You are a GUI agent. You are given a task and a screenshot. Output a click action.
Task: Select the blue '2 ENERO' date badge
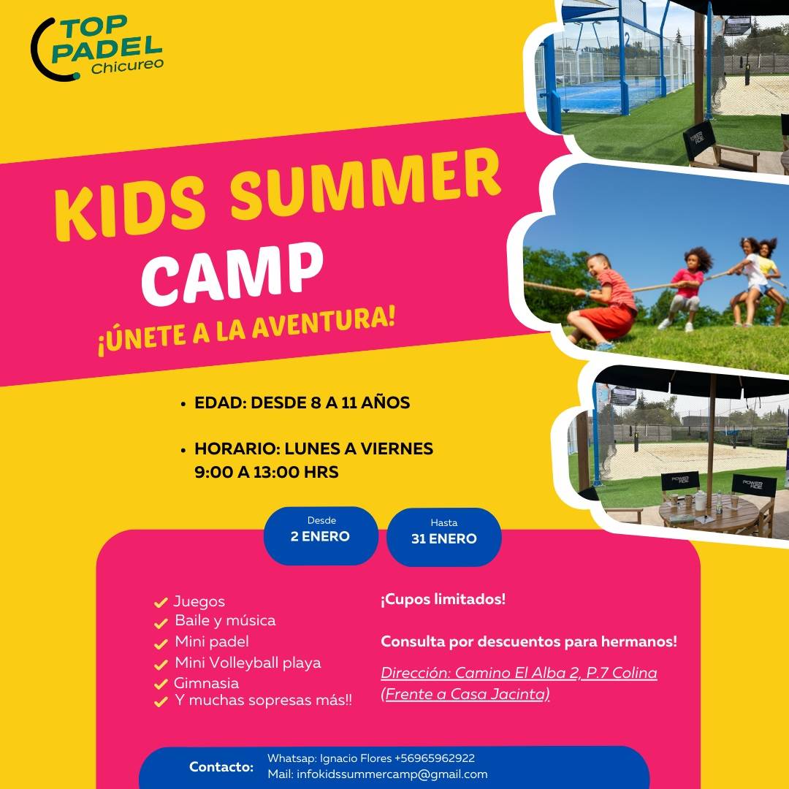(321, 536)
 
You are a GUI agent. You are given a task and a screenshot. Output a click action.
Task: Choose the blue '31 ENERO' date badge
(444, 538)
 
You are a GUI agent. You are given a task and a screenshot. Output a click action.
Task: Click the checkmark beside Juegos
(161, 602)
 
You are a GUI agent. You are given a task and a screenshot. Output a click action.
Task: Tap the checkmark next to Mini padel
(161, 644)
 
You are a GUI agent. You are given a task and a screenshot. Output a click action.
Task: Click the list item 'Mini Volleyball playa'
(248, 663)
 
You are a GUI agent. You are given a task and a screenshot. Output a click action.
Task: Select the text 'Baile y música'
(225, 620)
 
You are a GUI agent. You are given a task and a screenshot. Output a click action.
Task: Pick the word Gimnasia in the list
(206, 683)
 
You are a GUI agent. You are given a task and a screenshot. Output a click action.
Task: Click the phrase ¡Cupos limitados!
(443, 599)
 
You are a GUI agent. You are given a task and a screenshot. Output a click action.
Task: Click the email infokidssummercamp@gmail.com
(392, 774)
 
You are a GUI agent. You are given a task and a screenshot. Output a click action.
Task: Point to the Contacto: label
(221, 767)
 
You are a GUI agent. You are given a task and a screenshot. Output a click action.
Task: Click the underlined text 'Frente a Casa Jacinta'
(465, 694)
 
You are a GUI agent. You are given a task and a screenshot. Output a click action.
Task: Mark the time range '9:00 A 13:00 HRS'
(266, 472)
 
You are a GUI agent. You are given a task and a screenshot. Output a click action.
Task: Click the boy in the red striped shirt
(604, 302)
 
